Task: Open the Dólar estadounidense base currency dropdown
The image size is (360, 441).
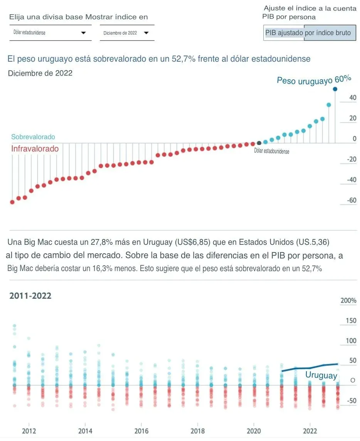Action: click(x=50, y=33)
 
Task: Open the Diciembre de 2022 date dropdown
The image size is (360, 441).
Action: click(x=126, y=33)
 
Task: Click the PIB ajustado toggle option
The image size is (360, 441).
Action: click(x=284, y=33)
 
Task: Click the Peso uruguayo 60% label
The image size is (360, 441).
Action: click(x=314, y=80)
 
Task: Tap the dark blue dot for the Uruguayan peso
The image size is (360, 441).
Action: click(x=335, y=89)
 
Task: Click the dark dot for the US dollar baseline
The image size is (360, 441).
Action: click(x=259, y=143)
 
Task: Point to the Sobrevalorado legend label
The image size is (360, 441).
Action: click(x=33, y=137)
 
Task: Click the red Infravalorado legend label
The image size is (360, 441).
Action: click(x=35, y=149)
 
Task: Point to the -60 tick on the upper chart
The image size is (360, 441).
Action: click(x=352, y=200)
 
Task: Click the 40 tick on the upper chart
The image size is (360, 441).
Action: click(x=353, y=98)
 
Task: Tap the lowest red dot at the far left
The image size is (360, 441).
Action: click(x=12, y=202)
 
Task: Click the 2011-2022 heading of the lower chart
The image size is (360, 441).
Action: click(x=30, y=296)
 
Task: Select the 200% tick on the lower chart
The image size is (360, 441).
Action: click(x=348, y=301)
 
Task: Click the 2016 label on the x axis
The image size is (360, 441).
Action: click(x=141, y=431)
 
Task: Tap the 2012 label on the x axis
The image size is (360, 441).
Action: click(x=29, y=431)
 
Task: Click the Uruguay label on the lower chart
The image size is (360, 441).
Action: click(x=321, y=375)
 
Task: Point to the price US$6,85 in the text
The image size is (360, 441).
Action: click(x=193, y=242)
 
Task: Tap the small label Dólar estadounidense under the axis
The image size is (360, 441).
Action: click(x=272, y=151)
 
